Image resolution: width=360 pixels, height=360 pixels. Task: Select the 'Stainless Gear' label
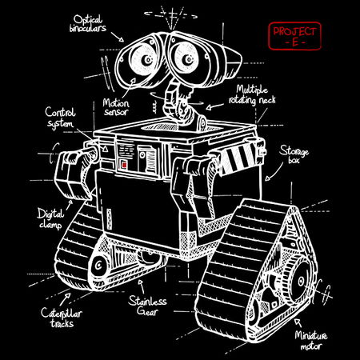(x=147, y=306)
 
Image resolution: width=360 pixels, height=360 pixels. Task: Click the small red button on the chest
(x=123, y=164)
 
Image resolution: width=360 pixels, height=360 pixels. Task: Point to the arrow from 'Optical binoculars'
(x=117, y=36)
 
